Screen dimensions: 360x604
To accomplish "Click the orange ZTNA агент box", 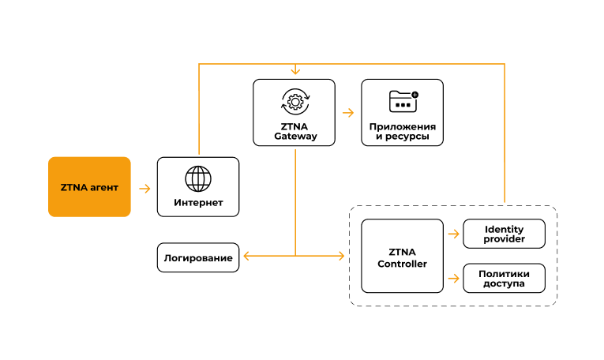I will pyautogui.click(x=89, y=187).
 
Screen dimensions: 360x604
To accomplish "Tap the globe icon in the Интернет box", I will pyautogui.click(x=198, y=178).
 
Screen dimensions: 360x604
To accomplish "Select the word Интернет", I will pyautogui.click(x=198, y=203).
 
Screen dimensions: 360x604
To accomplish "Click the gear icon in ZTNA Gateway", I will pyautogui.click(x=294, y=101).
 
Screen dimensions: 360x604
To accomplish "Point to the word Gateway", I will pyautogui.click(x=295, y=136).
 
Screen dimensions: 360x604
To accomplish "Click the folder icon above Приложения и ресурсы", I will pyautogui.click(x=403, y=101).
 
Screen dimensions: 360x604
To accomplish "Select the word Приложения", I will pyautogui.click(x=402, y=126).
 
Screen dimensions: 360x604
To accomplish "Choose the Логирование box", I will pyautogui.click(x=198, y=257).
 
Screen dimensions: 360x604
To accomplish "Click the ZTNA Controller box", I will pyautogui.click(x=402, y=257).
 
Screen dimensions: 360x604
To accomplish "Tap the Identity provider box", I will pyautogui.click(x=504, y=234).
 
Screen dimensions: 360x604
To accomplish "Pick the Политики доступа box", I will pyautogui.click(x=504, y=278).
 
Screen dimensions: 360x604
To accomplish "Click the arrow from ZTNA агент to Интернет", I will pyautogui.click(x=144, y=189).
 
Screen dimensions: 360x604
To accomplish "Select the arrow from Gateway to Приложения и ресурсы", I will pyautogui.click(x=348, y=113).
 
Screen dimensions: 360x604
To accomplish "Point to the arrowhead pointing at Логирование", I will pyautogui.click(x=246, y=256).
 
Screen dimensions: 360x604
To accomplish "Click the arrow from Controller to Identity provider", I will pyautogui.click(x=453, y=234).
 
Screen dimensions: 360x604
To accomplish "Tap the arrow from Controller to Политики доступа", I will pyautogui.click(x=453, y=278).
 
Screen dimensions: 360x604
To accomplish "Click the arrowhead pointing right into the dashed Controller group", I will pyautogui.click(x=342, y=256).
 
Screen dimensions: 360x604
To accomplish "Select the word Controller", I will pyautogui.click(x=402, y=264).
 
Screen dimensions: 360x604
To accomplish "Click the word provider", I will pyautogui.click(x=504, y=239).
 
